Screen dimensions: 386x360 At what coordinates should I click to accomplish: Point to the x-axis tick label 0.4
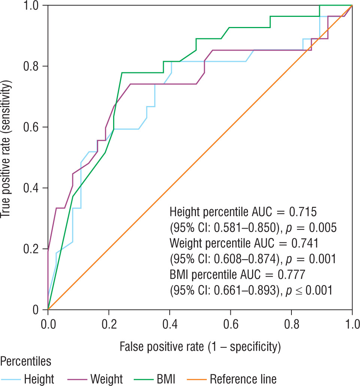pyautogui.click(x=170, y=323)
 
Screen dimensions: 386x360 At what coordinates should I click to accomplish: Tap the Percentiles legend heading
pyautogui.click(x=26, y=362)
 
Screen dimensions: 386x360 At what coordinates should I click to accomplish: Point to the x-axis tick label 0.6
pyautogui.click(x=230, y=323)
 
